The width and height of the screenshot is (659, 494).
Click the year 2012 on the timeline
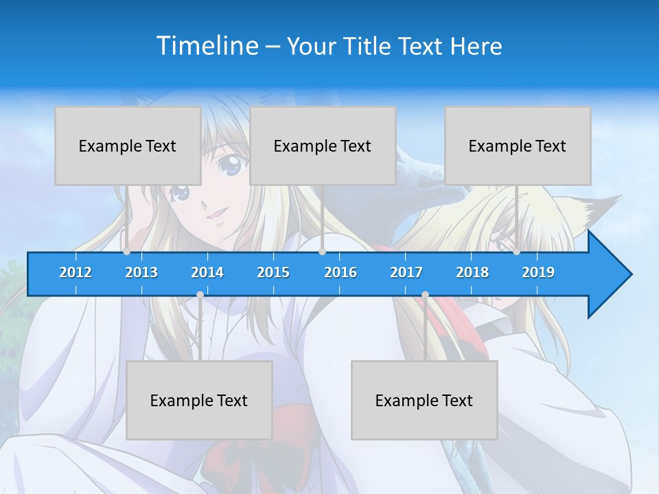[x=76, y=272]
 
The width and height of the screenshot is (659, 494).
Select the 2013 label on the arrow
[x=141, y=272]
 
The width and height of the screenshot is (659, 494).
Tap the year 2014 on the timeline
[x=207, y=272]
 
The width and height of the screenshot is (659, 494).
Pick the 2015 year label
[x=273, y=272]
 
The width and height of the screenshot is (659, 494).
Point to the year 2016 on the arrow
[x=340, y=272]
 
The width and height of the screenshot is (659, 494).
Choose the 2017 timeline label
[x=406, y=272]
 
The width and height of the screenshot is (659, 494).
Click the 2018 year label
[x=472, y=272]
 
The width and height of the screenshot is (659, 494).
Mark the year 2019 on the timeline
[x=538, y=272]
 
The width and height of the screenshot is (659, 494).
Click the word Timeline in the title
[x=207, y=46]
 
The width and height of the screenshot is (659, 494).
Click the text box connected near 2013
[x=128, y=145]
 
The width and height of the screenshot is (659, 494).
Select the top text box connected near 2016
[x=323, y=145]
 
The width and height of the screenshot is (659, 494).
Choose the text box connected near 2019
[x=518, y=145]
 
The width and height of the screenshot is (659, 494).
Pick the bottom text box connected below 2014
[x=199, y=400]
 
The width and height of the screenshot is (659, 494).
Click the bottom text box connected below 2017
[x=424, y=400]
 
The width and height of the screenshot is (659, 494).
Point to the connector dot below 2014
[x=200, y=295]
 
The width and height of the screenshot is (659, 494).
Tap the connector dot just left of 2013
[x=127, y=252]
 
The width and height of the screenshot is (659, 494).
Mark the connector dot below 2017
[x=425, y=295]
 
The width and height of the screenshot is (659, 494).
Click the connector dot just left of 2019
[x=517, y=252]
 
